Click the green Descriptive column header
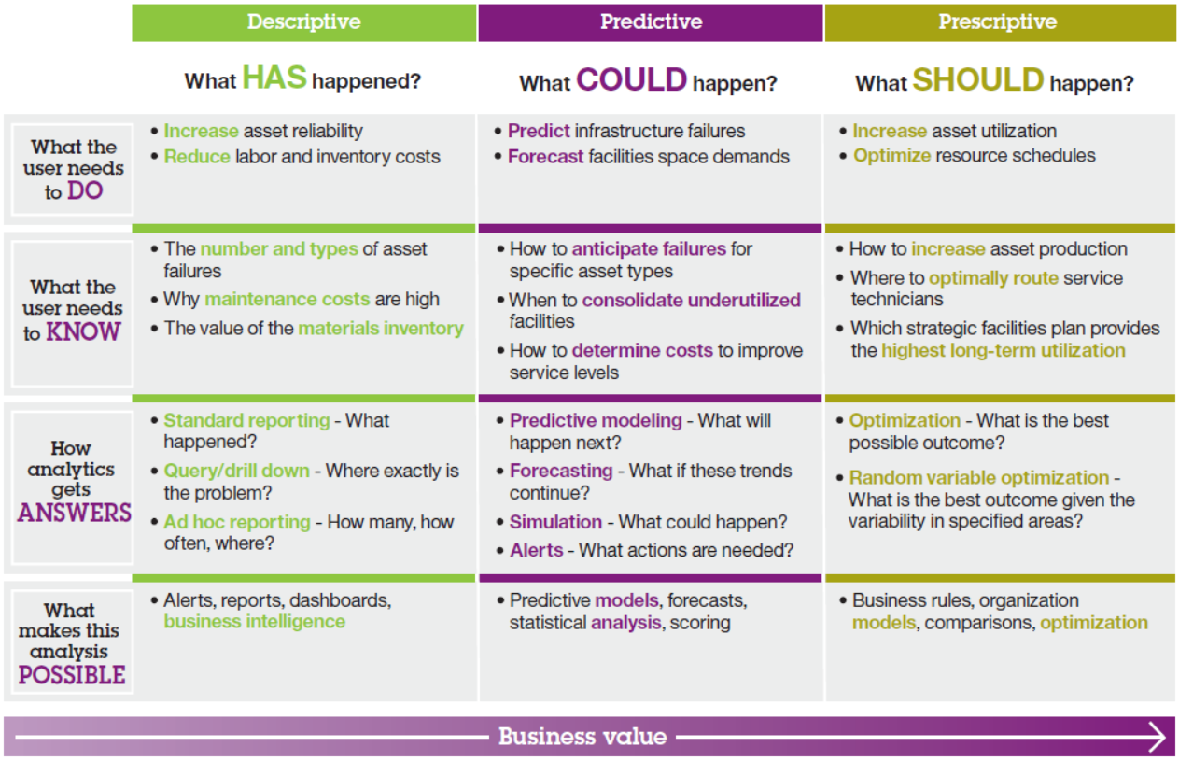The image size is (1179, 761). click(303, 22)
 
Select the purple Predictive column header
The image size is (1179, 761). click(651, 22)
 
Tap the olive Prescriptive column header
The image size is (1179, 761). click(1000, 22)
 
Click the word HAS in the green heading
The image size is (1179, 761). click(274, 78)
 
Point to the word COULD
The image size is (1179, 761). click(632, 79)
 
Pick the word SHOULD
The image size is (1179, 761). click(978, 79)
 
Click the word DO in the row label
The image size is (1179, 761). click(85, 190)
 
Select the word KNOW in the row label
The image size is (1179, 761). click(83, 331)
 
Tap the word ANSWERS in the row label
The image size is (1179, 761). click(75, 513)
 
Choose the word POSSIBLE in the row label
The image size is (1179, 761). click(72, 675)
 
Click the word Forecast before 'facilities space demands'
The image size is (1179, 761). click(546, 157)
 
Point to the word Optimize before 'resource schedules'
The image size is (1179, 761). click(892, 156)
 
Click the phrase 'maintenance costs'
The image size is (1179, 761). click(288, 299)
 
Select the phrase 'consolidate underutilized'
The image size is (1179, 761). click(691, 300)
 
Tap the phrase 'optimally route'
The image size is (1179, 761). click(994, 278)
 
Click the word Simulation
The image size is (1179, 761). click(555, 522)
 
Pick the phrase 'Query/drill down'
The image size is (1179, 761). click(237, 471)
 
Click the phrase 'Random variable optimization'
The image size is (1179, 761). click(979, 478)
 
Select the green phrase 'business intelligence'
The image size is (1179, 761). click(255, 622)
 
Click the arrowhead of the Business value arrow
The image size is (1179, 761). click(1158, 736)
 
